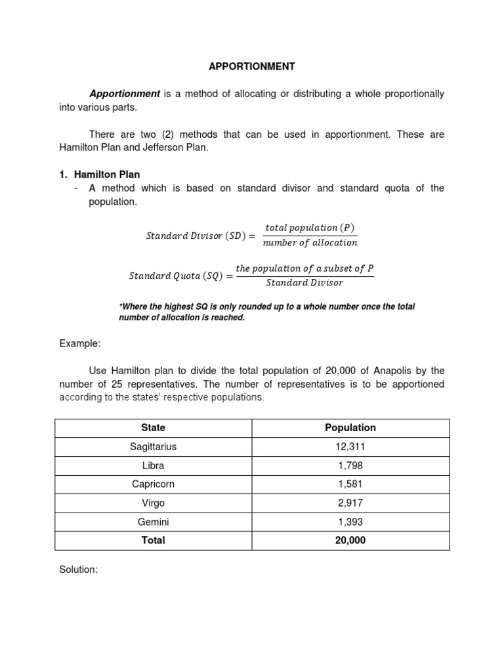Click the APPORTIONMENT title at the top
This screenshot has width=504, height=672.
tap(252, 66)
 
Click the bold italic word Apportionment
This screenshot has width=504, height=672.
tap(125, 94)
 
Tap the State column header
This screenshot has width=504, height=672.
tap(153, 427)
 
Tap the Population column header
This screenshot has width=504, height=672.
tap(350, 427)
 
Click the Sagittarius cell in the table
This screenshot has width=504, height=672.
tap(153, 446)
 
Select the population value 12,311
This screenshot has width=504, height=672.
tap(350, 446)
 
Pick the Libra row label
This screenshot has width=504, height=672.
tap(153, 465)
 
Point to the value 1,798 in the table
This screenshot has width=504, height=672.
tap(350, 465)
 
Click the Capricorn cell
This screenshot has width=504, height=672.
tap(153, 484)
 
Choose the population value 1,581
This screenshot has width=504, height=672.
tap(350, 484)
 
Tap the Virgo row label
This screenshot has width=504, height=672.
tap(153, 503)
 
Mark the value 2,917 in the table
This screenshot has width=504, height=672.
tap(350, 503)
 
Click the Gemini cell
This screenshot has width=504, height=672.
tap(153, 522)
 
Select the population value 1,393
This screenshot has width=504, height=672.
tap(350, 522)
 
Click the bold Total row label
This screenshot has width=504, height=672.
tap(153, 540)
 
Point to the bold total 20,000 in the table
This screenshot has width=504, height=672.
tap(350, 540)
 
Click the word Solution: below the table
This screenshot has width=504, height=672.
tap(78, 570)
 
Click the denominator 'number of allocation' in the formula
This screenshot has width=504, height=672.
tap(310, 243)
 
